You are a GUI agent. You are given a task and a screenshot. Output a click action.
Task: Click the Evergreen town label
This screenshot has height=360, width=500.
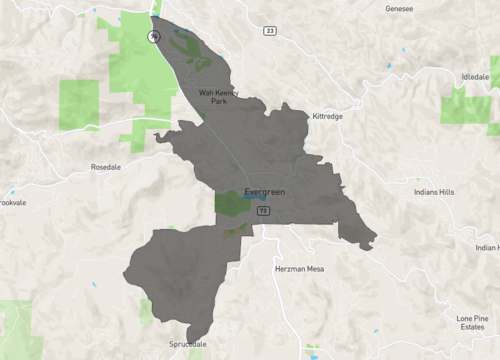265,192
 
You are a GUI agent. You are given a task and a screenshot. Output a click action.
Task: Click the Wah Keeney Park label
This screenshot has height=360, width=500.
218,97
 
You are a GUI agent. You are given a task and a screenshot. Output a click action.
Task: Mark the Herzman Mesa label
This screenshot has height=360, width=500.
297,270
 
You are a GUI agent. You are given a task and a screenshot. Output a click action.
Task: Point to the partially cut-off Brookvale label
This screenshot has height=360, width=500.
12,201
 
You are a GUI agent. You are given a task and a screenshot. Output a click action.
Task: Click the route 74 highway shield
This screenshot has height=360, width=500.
152,36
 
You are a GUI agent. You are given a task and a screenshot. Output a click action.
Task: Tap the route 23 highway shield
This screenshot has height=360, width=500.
270,31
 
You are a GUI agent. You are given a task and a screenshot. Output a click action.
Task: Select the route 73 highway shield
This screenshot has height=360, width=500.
263,211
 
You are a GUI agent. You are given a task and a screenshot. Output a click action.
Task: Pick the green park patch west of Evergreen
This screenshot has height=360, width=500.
230,203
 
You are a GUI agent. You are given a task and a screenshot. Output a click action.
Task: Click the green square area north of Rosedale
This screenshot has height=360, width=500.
79,104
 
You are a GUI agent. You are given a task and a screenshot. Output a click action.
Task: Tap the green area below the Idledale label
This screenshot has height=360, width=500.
466,107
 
